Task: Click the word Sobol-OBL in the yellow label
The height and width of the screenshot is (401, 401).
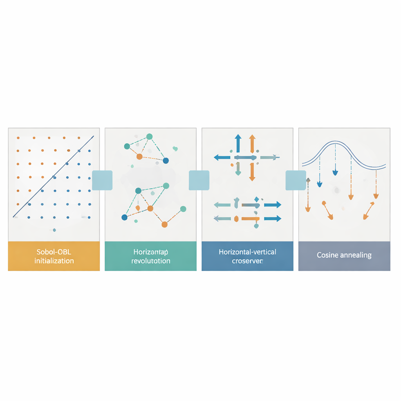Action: [54, 252]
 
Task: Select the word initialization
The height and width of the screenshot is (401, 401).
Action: [54, 260]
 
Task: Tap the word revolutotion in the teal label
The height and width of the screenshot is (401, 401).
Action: [151, 260]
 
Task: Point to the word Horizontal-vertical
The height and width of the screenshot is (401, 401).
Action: [247, 252]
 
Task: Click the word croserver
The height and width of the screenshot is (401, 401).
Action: [247, 260]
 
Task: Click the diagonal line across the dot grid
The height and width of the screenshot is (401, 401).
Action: [54, 176]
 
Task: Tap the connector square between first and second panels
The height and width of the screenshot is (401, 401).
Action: [102, 181]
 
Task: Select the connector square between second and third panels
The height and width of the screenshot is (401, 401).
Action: [199, 181]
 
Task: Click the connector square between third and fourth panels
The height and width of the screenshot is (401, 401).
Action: [296, 181]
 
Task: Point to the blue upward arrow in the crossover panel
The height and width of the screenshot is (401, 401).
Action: [237, 143]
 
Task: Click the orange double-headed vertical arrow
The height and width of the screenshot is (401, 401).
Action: [252, 157]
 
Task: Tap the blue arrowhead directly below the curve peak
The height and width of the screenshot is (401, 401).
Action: [335, 172]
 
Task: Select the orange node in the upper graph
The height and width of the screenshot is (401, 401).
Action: [139, 157]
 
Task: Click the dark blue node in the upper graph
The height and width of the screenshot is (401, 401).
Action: [166, 161]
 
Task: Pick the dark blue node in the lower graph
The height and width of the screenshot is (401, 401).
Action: [125, 217]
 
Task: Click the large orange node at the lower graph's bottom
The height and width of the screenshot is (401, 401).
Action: [164, 224]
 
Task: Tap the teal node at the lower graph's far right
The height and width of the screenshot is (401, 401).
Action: [183, 209]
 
